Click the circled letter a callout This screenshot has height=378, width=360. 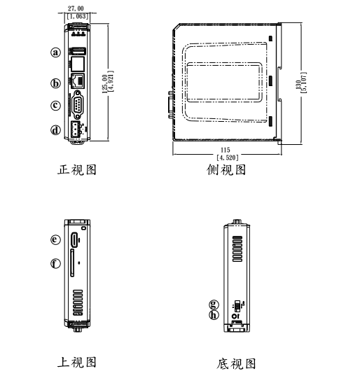click(55, 52)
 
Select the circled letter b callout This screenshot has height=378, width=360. click(55, 83)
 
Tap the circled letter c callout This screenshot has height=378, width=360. click(55, 106)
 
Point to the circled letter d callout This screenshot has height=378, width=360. click(55, 129)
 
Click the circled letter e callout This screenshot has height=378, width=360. click(55, 239)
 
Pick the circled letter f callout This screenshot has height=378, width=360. click(55, 263)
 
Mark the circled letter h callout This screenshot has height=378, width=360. click(214, 314)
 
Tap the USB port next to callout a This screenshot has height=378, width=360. click(78, 52)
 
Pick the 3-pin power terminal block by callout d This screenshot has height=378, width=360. click(75, 129)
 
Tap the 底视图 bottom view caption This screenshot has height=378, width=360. click(235, 363)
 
